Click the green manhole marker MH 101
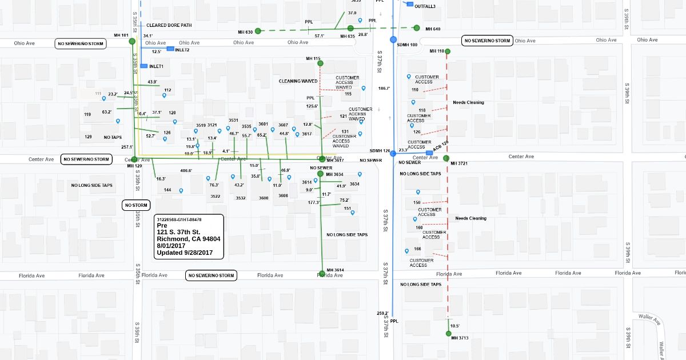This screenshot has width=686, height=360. click(132, 41)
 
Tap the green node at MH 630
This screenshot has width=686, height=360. click(258, 31)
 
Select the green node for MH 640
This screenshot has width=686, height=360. click(418, 28)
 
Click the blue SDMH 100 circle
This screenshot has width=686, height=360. click(393, 39)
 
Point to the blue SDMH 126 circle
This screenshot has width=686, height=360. click(393, 153)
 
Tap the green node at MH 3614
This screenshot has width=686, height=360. click(321, 272)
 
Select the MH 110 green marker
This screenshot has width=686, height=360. click(447, 52)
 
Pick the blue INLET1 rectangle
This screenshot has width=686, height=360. click(144, 66)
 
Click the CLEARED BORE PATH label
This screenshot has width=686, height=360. click(169, 25)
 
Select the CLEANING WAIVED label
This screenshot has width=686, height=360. click(298, 81)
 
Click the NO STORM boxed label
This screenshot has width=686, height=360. click(136, 205)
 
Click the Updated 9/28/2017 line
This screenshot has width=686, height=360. click(185, 253)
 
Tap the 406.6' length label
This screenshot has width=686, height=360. click(186, 170)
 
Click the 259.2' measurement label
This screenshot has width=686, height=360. click(382, 313)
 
